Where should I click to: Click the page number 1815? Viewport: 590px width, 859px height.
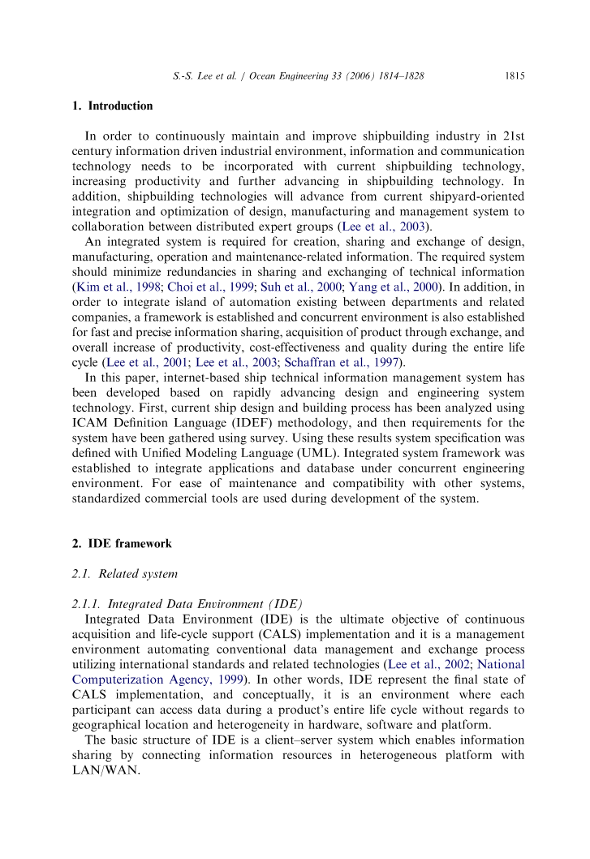515,76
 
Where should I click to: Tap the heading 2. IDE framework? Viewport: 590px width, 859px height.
121,543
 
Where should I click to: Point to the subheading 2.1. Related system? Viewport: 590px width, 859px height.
124,575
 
